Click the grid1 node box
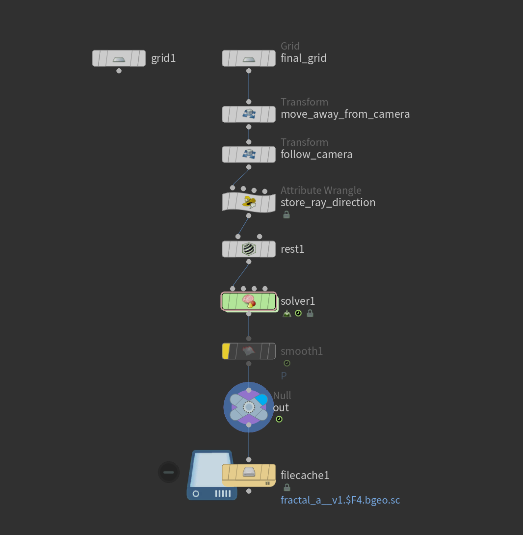(119, 58)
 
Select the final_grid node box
(249, 58)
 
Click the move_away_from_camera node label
(345, 114)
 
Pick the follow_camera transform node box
(249, 155)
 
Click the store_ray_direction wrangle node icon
(249, 202)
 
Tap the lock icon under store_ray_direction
(287, 214)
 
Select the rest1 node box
(249, 249)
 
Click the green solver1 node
(249, 301)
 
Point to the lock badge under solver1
(310, 313)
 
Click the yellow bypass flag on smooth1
(226, 351)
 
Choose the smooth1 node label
(302, 351)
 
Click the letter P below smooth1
(284, 376)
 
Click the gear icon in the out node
(249, 407)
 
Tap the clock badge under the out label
(279, 419)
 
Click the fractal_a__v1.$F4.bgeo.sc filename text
(340, 501)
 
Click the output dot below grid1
(119, 71)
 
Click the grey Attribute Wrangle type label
(321, 190)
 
